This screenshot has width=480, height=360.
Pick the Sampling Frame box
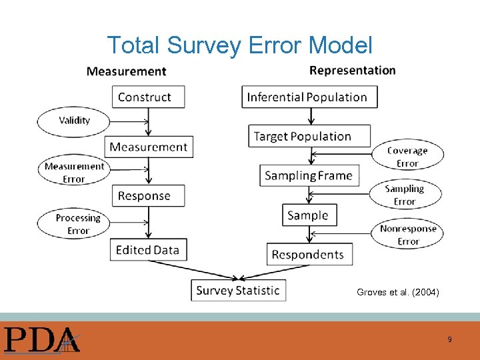click(x=308, y=176)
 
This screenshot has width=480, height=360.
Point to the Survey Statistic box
click(x=238, y=290)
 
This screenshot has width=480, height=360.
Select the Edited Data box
click(x=147, y=250)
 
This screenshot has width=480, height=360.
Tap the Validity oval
click(x=74, y=121)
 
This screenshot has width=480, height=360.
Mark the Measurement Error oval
click(x=74, y=173)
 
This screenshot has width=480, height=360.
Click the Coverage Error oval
click(x=407, y=157)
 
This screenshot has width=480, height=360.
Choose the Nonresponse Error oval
click(x=407, y=235)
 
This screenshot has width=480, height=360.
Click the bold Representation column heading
click(x=353, y=70)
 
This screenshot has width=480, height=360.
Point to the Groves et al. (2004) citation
click(x=397, y=292)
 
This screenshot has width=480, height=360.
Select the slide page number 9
click(x=449, y=339)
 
